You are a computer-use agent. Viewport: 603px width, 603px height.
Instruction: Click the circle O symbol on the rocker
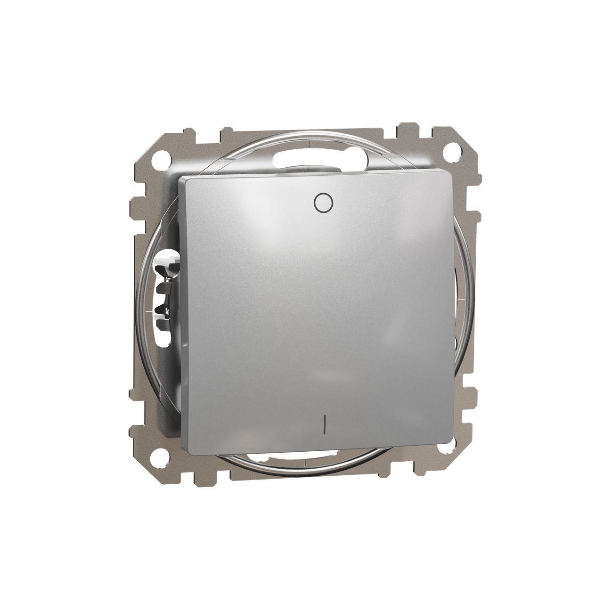click(x=323, y=203)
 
